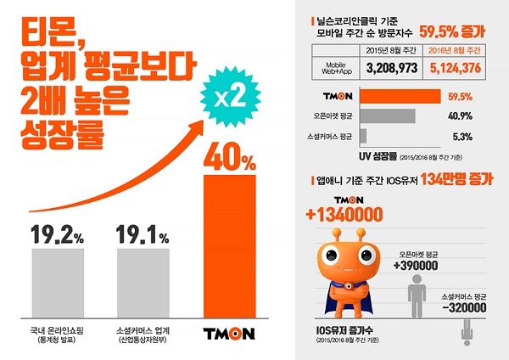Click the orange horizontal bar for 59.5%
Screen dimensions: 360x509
400,96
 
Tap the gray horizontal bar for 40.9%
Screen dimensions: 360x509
387,115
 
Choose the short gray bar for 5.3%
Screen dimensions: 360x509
363,135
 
